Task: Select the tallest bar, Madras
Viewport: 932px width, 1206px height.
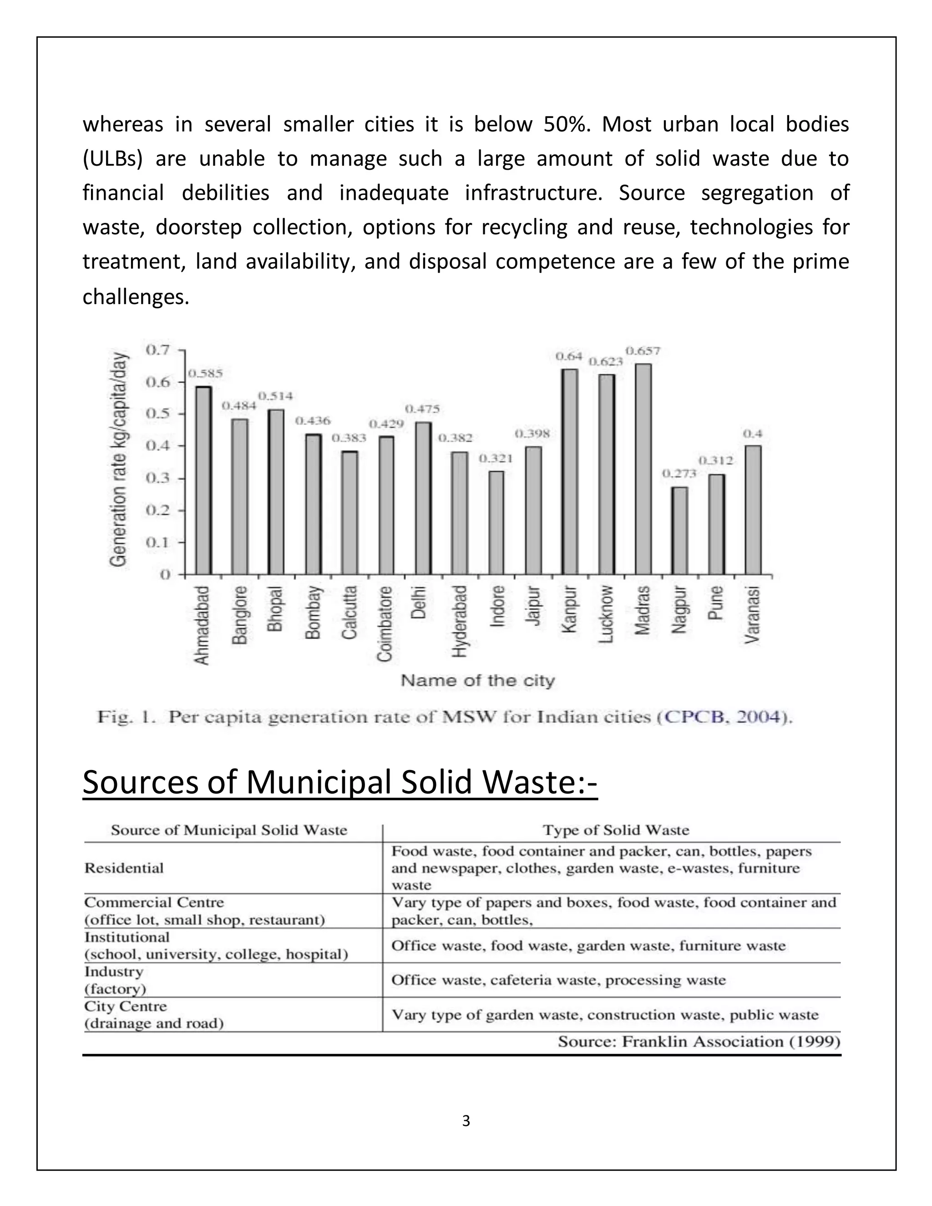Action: click(x=643, y=469)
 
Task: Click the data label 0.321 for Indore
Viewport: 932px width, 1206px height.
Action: click(x=495, y=458)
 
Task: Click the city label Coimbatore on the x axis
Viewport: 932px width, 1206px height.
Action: click(x=385, y=623)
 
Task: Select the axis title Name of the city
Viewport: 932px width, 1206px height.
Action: click(x=477, y=681)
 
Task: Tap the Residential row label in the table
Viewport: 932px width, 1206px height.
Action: click(x=124, y=868)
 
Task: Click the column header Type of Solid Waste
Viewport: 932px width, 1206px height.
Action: click(x=616, y=830)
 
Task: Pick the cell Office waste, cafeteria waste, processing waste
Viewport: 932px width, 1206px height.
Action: click(x=558, y=980)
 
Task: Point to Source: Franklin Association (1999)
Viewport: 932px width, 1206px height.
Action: click(x=699, y=1042)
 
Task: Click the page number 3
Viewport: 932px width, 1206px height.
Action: click(x=466, y=1121)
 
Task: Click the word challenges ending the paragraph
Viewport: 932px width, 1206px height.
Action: click(x=136, y=297)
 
